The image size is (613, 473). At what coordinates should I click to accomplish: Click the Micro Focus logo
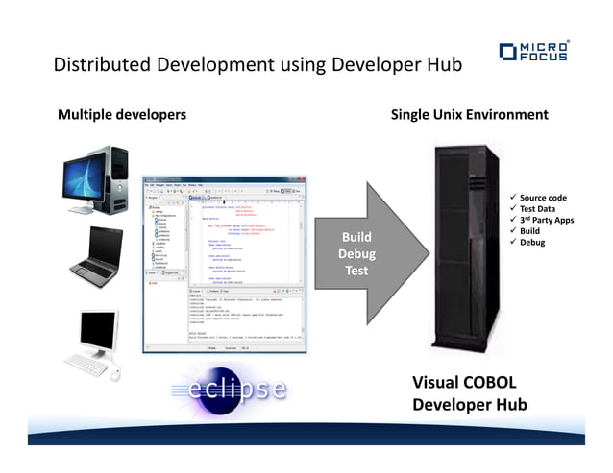click(533, 51)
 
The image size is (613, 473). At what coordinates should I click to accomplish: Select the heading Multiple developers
click(122, 115)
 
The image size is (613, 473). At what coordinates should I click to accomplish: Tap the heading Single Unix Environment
click(469, 115)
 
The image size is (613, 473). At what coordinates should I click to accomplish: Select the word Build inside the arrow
click(356, 237)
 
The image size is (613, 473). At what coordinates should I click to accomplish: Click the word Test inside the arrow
click(356, 271)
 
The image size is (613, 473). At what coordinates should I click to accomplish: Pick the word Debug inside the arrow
click(356, 254)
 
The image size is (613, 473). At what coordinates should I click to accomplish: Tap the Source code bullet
click(543, 198)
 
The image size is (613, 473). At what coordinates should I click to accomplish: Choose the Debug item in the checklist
click(532, 243)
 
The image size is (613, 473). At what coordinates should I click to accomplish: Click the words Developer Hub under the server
click(469, 405)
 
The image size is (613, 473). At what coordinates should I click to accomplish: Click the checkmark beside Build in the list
click(512, 231)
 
